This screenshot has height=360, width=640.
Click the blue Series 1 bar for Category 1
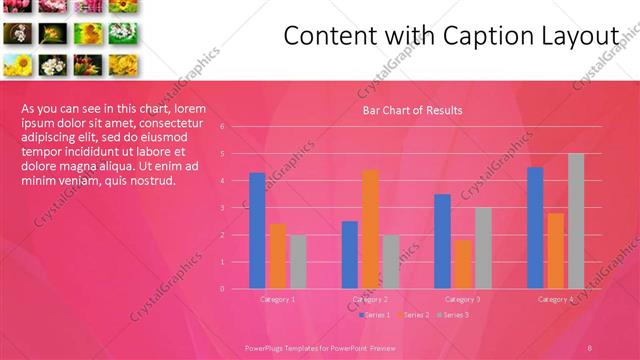tap(257, 230)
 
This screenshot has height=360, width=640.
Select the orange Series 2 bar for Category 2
tap(370, 229)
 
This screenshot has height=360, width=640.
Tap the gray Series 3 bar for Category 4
tap(576, 220)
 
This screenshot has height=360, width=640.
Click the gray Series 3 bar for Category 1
tap(297, 261)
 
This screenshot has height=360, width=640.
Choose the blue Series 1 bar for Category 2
tap(350, 254)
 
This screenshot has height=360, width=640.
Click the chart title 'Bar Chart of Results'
tap(412, 110)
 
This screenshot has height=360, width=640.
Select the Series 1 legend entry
tap(374, 315)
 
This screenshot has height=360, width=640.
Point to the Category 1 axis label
tap(277, 299)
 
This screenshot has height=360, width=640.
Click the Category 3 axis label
tap(463, 299)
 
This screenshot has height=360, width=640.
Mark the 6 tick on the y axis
tap(236, 127)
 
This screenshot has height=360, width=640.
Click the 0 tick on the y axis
tap(236, 288)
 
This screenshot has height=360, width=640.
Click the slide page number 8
tap(590, 346)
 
